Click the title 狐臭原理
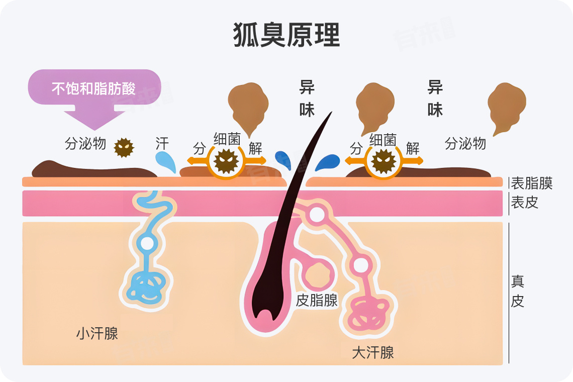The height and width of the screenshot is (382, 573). click(286, 35)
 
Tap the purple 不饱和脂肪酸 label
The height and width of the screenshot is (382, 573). click(93, 88)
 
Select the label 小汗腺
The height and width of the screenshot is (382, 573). click(97, 333)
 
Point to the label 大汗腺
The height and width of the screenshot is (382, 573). click(372, 352)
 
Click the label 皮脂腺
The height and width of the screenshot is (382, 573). click(317, 301)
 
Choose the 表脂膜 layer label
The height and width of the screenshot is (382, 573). click(531, 183)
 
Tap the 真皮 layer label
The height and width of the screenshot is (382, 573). click(518, 291)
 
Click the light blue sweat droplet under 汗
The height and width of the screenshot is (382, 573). click(166, 162)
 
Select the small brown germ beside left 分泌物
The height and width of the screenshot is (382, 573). click(124, 147)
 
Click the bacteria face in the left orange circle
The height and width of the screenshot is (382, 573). click(227, 161)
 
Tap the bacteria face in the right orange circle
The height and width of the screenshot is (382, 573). click(384, 161)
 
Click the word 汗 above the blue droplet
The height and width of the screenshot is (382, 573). click(162, 143)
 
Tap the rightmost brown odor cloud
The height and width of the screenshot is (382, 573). click(506, 106)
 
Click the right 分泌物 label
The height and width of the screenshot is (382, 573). click(465, 144)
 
